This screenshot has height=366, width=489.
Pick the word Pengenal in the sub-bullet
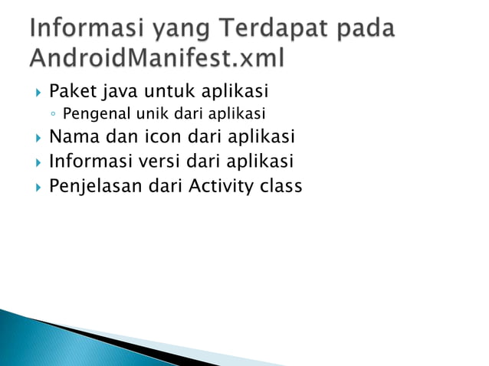(91, 116)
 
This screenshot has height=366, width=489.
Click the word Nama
(72, 138)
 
